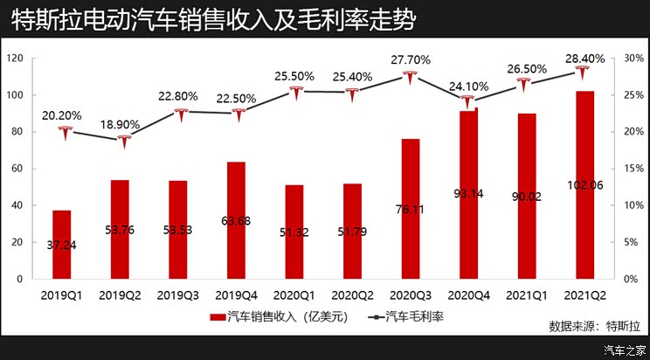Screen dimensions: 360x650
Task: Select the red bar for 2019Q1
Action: (x=62, y=245)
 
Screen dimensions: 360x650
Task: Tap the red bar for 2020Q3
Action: (x=411, y=209)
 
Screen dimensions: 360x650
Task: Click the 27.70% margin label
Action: (x=410, y=59)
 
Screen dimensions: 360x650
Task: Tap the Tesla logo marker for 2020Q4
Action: (x=469, y=101)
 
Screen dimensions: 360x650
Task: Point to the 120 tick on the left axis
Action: (x=15, y=59)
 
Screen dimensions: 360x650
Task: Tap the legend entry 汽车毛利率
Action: (x=407, y=316)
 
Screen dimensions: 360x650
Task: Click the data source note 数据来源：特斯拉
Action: (x=594, y=326)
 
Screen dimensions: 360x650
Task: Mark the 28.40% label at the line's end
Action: (x=584, y=59)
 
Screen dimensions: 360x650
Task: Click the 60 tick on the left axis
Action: (x=17, y=169)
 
